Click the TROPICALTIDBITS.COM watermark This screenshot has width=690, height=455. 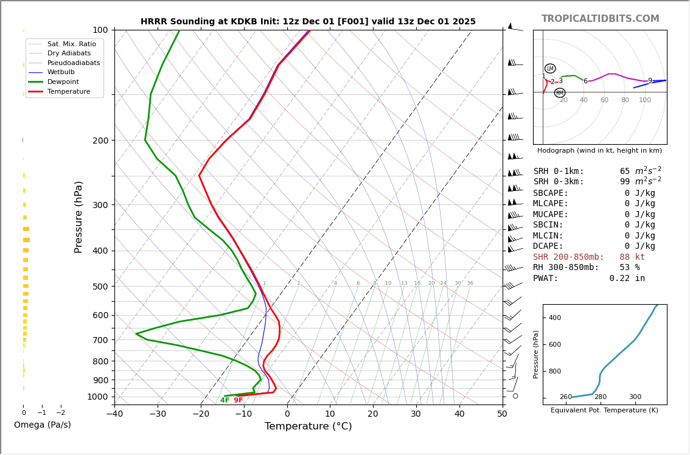pos(600,19)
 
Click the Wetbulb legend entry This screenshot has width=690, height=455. pos(61,72)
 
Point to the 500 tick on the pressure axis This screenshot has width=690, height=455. pos(100,287)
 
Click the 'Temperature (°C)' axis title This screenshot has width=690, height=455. pos(308,426)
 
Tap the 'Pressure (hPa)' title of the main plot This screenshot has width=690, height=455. pos(78,217)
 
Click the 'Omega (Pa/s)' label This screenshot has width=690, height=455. pos(42,425)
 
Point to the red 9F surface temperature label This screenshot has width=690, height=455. pos(238,400)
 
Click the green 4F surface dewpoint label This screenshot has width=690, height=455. pos(225,400)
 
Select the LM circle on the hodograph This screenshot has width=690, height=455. pos(550,69)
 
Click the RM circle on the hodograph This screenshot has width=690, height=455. pos(559,93)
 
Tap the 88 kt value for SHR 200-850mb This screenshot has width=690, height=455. pos(632,257)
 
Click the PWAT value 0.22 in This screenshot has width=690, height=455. pos(627,279)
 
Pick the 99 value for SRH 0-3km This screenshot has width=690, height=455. pos(625,182)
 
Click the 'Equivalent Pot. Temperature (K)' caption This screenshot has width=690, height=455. pos(599,411)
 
